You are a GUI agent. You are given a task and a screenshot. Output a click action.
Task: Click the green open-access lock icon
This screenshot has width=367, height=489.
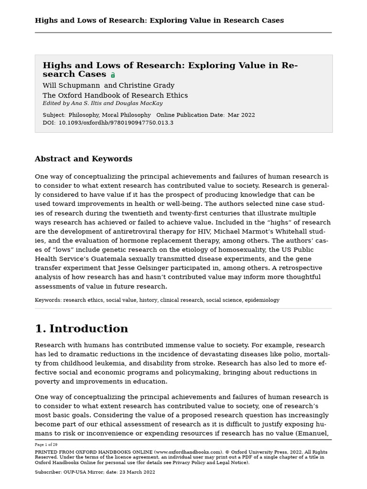pyautogui.click(x=113, y=75)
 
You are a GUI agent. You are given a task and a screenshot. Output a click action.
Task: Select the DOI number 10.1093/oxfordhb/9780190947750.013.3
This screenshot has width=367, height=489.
pyautogui.click(x=116, y=123)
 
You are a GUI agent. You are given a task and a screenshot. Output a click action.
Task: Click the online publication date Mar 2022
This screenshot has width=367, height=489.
pyautogui.click(x=241, y=115)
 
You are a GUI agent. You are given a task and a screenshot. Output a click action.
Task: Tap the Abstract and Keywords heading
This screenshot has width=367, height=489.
pyautogui.click(x=83, y=159)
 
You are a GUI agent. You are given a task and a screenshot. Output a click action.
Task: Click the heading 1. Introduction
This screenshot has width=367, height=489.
pyautogui.click(x=81, y=329)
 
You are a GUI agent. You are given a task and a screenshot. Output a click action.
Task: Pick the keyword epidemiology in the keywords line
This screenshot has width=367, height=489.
pyautogui.click(x=262, y=300)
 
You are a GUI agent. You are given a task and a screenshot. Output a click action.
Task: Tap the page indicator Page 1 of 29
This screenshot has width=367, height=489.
pyautogui.click(x=46, y=445)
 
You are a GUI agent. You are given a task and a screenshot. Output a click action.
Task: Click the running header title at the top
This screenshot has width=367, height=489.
pyautogui.click(x=159, y=21)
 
